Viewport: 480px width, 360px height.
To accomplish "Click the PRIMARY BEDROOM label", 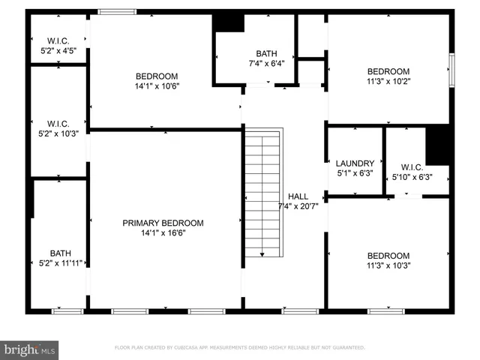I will [163, 223].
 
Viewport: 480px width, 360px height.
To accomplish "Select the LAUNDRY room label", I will [355, 163].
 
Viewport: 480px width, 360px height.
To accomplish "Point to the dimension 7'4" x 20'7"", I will [298, 206].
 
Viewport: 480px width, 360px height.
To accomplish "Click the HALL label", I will [298, 196].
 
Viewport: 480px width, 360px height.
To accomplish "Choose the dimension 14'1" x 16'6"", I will [163, 233].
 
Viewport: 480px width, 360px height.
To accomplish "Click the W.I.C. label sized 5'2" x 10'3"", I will [58, 124].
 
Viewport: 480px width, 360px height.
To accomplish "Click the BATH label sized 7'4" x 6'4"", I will [266, 53].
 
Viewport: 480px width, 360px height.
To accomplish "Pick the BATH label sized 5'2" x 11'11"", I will [60, 253].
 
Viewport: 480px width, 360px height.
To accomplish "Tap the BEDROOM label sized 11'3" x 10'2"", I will [388, 71].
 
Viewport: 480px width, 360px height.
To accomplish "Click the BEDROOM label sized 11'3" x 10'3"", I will [388, 255].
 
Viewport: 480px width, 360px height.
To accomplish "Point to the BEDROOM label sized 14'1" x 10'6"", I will [157, 76].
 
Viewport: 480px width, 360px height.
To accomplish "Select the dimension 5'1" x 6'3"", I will [355, 173].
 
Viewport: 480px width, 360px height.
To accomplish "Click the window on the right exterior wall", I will [451, 67].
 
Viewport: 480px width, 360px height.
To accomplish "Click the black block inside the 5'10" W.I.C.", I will [437, 145].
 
